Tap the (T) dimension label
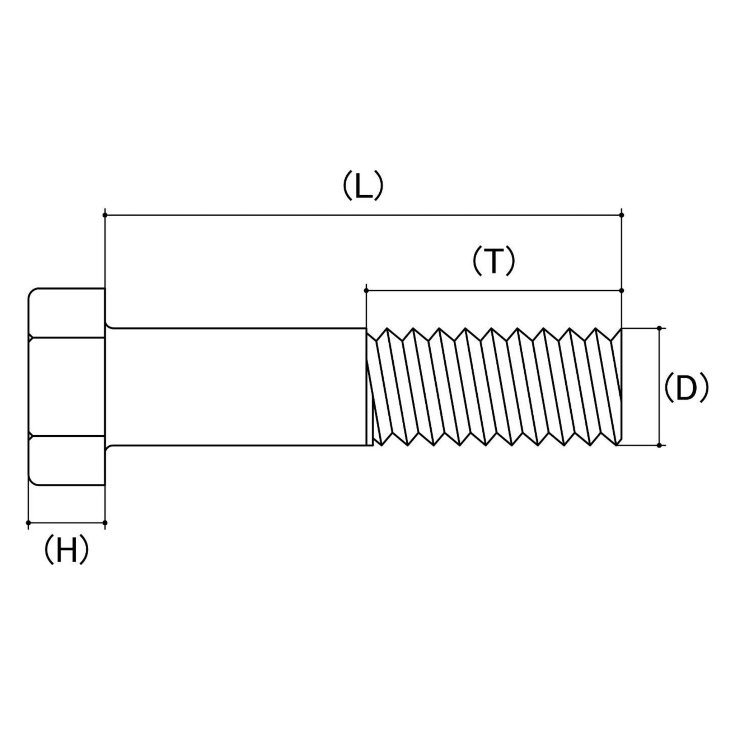tap(493, 262)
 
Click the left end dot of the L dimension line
tap(105, 215)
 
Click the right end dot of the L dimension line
tap(622, 215)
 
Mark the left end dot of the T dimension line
tap(366, 291)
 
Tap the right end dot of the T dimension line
tap(622, 291)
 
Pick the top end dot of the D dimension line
tap(659, 328)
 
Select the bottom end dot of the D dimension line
tap(659, 445)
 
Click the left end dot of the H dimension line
tap(28, 523)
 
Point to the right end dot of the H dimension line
tap(105, 523)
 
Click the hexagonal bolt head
tap(67, 387)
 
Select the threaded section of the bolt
tap(495, 387)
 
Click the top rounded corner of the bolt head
tap(32, 292)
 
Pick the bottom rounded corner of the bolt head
tap(32, 481)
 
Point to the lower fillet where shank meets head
tap(108, 448)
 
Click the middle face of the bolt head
tap(67, 386)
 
